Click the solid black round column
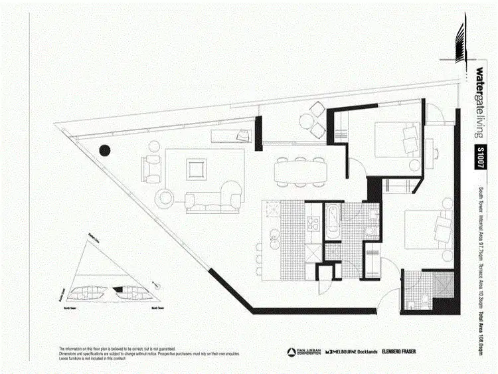[x=104, y=151]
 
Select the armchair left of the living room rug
[x=151, y=169]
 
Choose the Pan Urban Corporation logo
[x=300, y=351]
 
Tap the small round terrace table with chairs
[x=311, y=123]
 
